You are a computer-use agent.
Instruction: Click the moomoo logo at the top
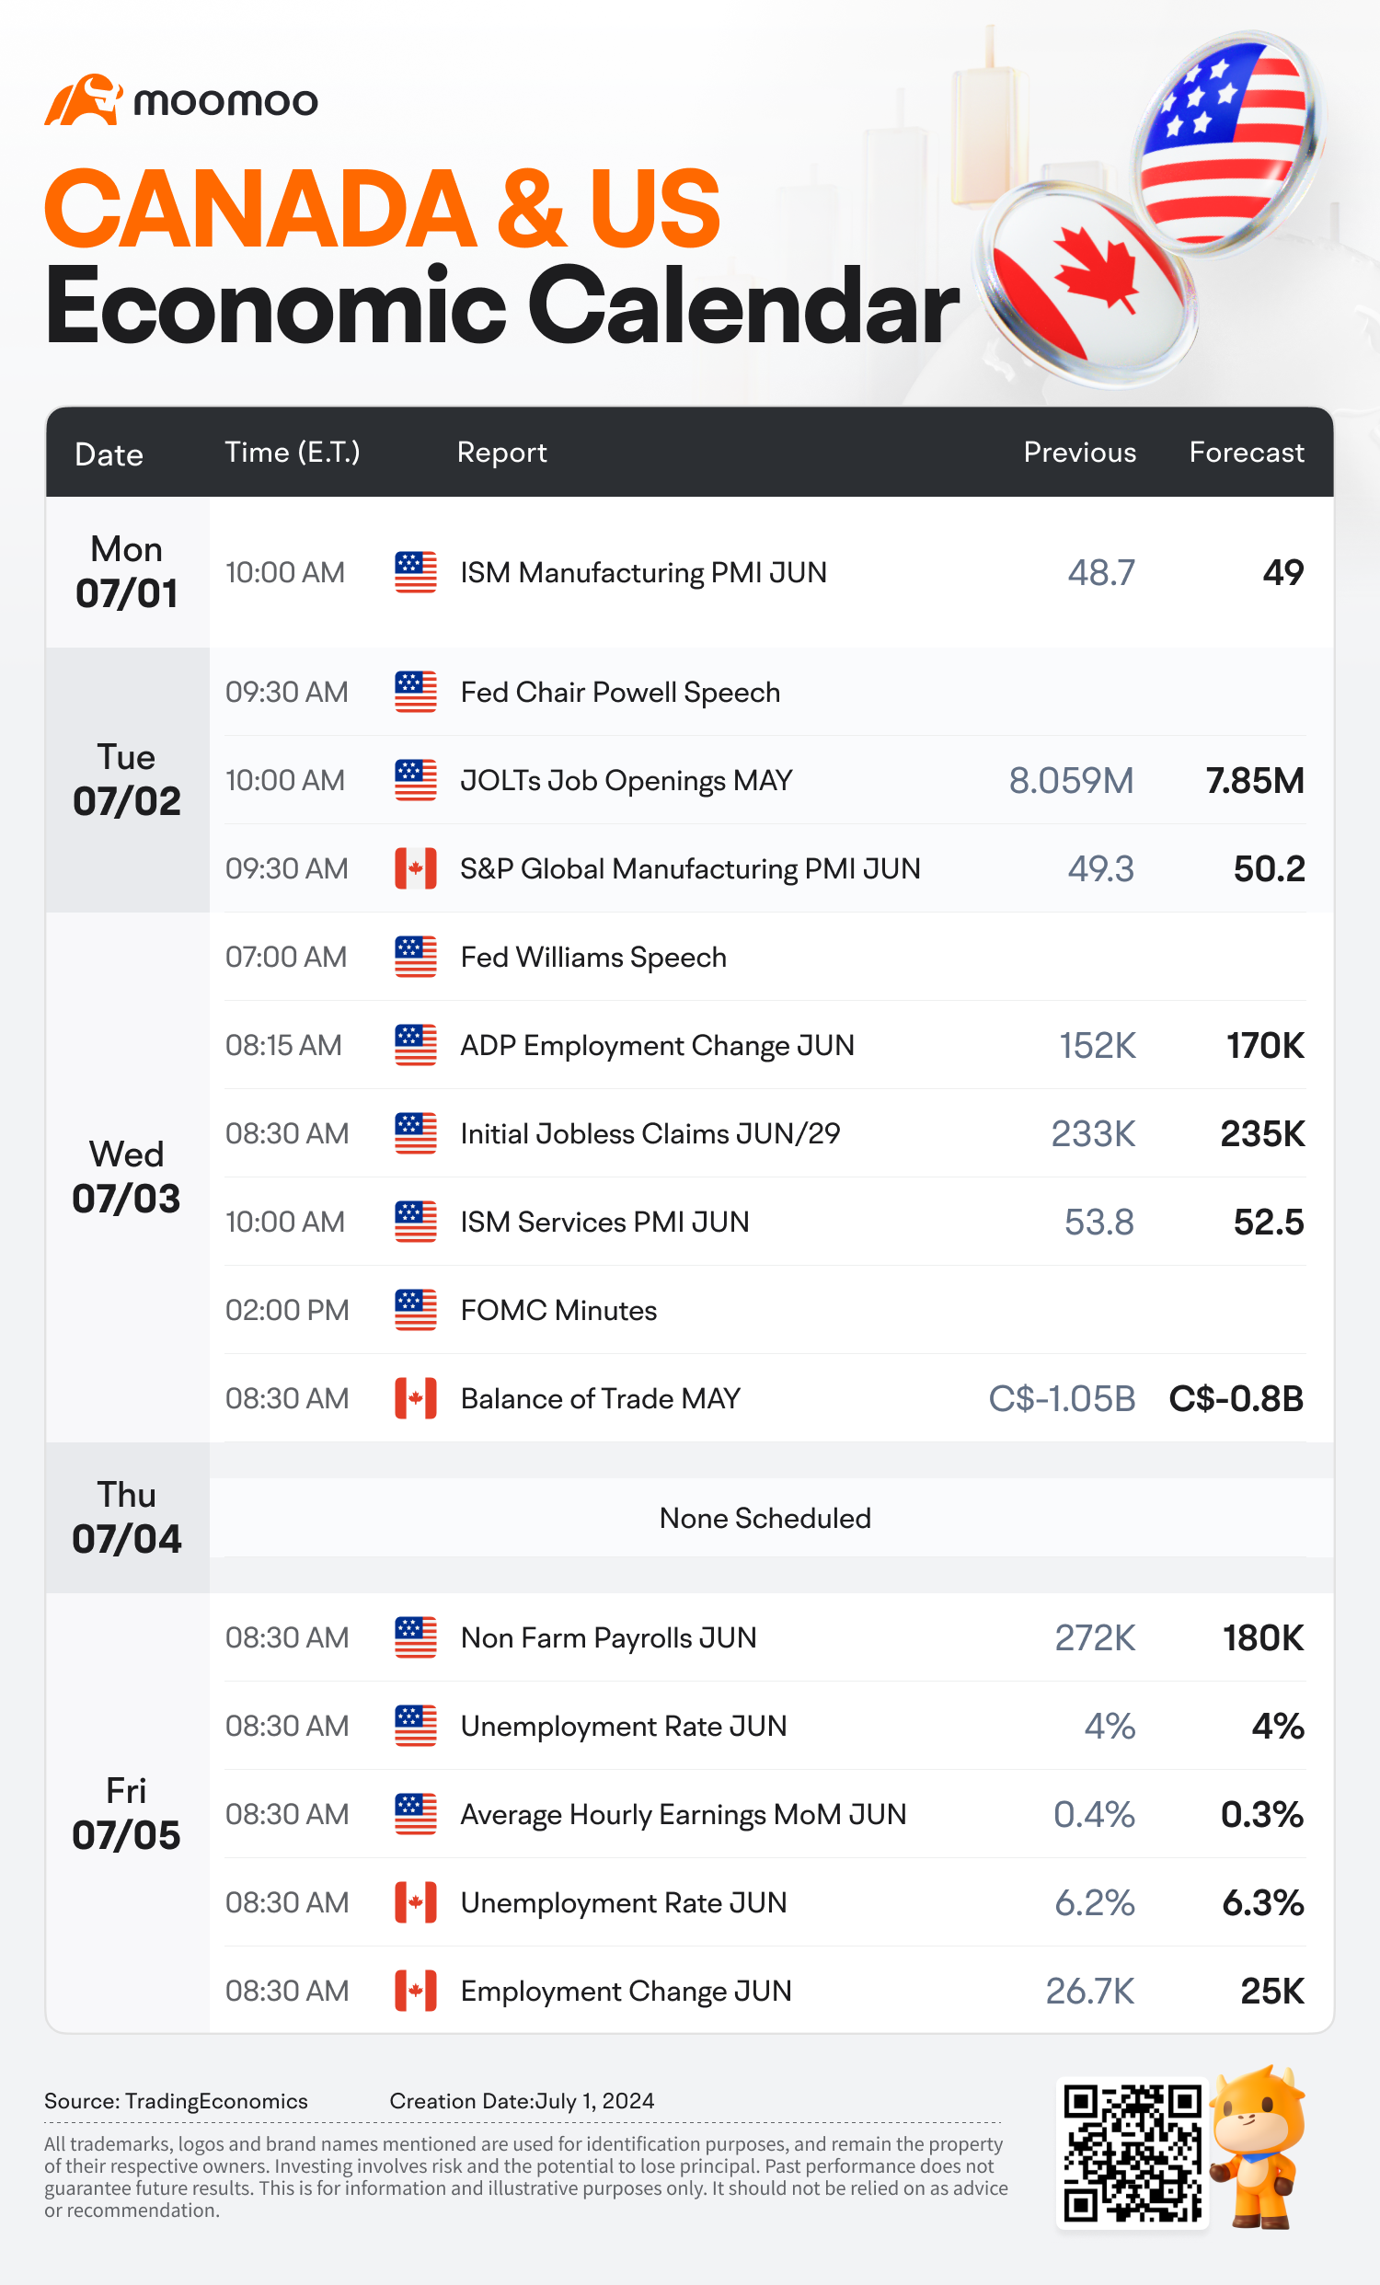tap(181, 99)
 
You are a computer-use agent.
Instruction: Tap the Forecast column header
tap(1247, 453)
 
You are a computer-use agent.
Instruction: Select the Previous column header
tap(1079, 453)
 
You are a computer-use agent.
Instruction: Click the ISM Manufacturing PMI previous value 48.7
tap(1101, 572)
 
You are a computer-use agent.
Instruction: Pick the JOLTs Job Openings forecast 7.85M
tap(1255, 781)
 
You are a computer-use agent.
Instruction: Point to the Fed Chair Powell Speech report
tap(620, 693)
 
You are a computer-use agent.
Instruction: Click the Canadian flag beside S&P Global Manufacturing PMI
tap(416, 869)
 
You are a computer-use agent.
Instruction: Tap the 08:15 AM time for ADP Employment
tap(283, 1045)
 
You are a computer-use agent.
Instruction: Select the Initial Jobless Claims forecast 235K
tap(1262, 1133)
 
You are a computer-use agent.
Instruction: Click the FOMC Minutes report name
tap(559, 1310)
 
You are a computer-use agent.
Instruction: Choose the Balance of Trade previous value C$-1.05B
tap(1062, 1398)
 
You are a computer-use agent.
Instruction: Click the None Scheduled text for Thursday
tap(765, 1518)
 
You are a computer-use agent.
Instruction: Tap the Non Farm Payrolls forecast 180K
tap(1263, 1637)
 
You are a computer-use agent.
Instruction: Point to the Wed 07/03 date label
tap(127, 1177)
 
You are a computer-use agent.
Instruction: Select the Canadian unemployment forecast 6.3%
tap(1263, 1903)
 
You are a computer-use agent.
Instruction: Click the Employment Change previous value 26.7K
tap(1089, 1991)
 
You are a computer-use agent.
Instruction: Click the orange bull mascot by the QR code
tap(1259, 2146)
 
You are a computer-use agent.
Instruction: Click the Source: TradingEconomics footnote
tap(177, 2101)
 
